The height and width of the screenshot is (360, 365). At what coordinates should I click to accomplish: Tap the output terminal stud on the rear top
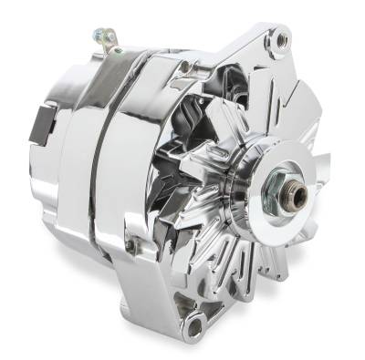[98, 37]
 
